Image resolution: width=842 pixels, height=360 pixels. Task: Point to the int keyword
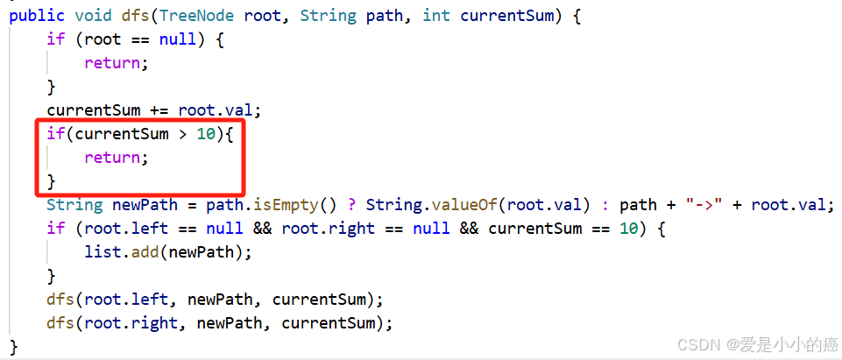click(436, 17)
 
